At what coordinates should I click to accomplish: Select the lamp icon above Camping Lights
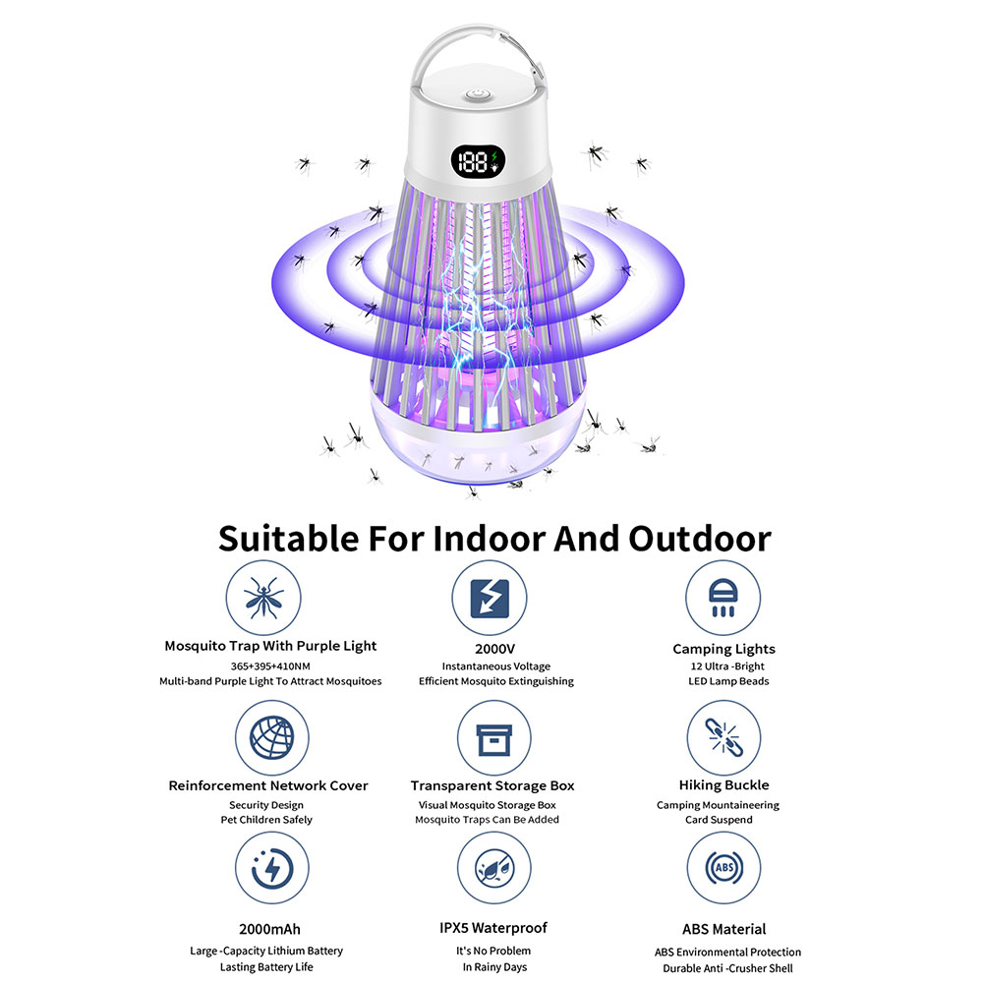click(x=723, y=598)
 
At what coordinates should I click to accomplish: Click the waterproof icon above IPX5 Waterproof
click(x=491, y=871)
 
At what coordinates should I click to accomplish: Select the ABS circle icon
click(x=723, y=871)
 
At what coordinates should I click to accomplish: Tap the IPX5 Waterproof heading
click(x=492, y=928)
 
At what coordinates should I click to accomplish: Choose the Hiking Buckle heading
click(x=723, y=785)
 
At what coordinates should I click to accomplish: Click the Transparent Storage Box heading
click(x=492, y=785)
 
